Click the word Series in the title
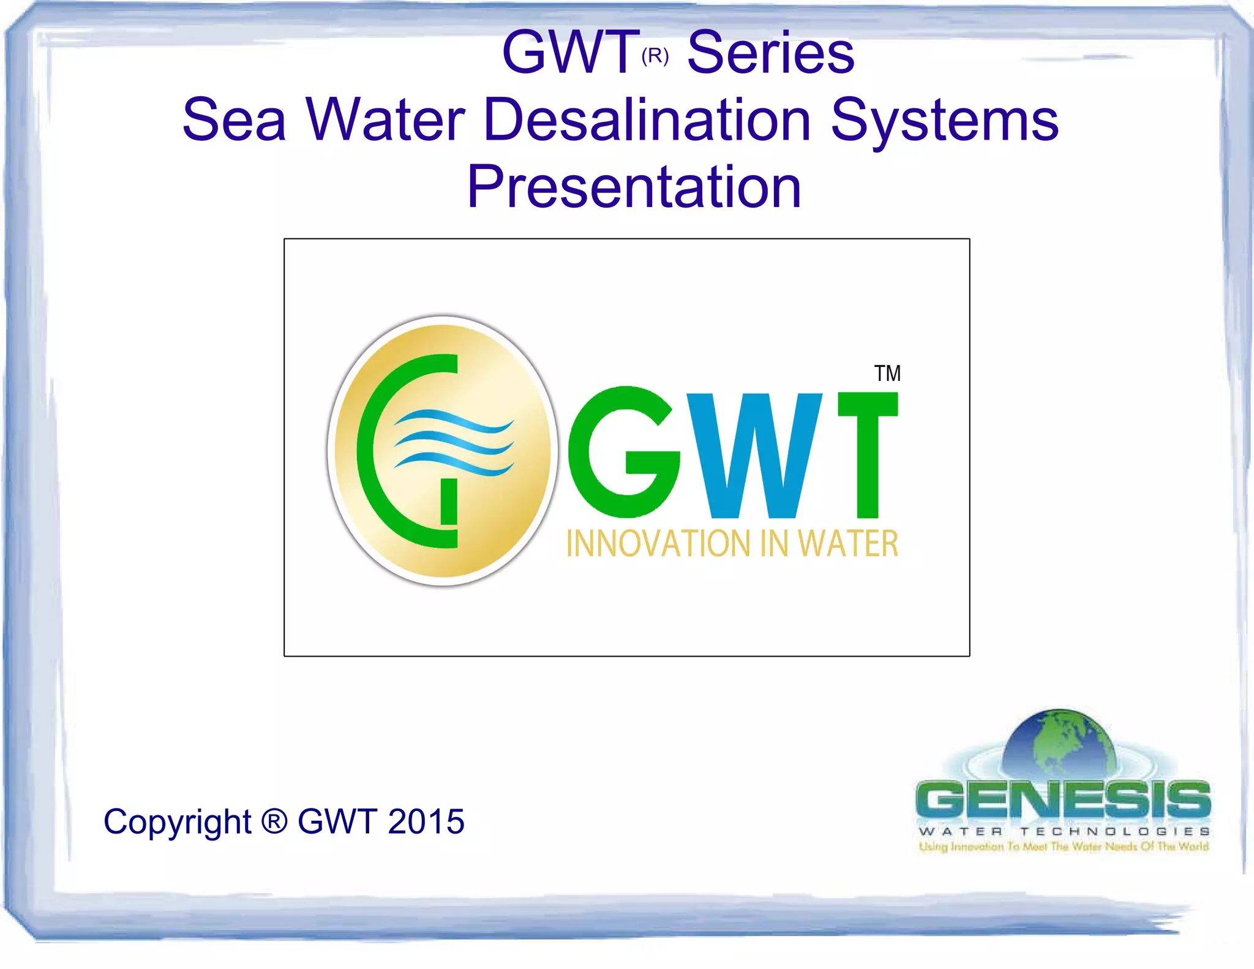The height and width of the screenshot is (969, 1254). tap(770, 53)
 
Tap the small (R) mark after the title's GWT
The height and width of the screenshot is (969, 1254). tap(655, 56)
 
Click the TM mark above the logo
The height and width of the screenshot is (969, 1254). tap(887, 373)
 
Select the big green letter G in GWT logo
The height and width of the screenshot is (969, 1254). tap(623, 453)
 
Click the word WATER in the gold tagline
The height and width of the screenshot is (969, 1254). tap(848, 544)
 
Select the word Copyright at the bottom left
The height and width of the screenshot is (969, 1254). tap(177, 822)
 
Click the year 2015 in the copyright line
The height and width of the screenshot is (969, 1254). tap(426, 821)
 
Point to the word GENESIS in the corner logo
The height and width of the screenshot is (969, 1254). tap(1063, 799)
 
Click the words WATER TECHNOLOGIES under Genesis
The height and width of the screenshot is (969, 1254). tap(1064, 831)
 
